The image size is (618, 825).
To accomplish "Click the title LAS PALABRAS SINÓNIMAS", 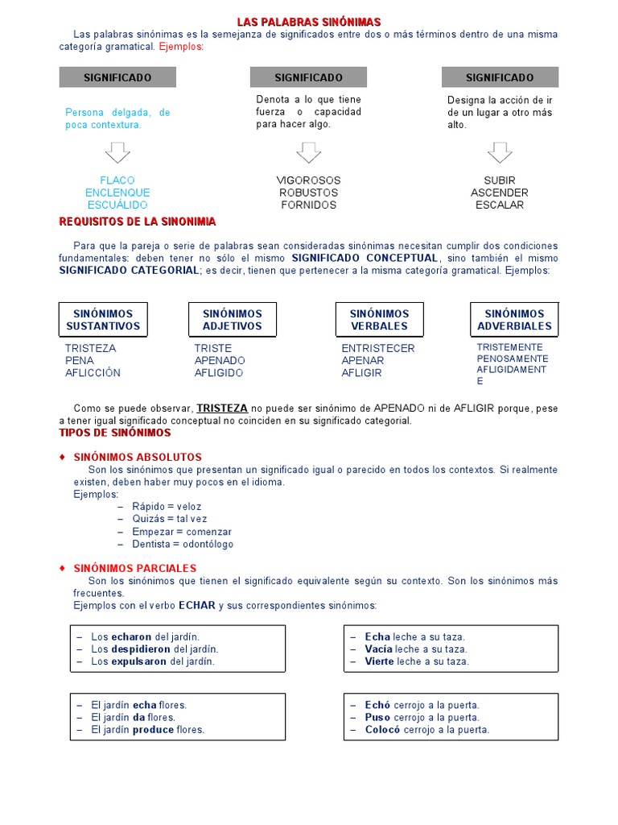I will [x=309, y=22].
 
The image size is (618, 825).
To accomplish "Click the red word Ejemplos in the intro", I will [x=181, y=47].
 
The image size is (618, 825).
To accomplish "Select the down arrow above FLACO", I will [x=117, y=152].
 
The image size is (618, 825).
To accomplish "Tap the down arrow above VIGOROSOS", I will [x=308, y=152].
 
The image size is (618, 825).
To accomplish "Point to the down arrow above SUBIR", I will [x=500, y=152].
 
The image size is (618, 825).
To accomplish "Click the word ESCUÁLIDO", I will [x=117, y=205].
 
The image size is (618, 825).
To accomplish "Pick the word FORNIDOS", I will [x=308, y=205].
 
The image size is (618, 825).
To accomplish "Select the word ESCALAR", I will [x=500, y=205].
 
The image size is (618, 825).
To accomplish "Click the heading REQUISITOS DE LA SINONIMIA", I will [x=138, y=222].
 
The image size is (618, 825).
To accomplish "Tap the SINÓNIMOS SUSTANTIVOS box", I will [x=103, y=320].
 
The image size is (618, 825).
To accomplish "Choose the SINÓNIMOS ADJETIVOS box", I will [x=233, y=320].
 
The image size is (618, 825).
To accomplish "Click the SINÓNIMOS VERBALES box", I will [x=379, y=320].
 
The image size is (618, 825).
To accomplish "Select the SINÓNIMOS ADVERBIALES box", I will [x=514, y=320].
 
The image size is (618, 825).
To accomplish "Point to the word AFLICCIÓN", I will [x=93, y=373].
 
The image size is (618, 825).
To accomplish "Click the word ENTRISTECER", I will [x=378, y=349].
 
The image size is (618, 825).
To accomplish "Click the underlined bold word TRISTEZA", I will [x=222, y=408].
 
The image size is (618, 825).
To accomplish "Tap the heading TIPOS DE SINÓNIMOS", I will [x=115, y=433].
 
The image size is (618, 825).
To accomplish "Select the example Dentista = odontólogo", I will [x=183, y=545].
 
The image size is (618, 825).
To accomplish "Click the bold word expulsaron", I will [x=139, y=661].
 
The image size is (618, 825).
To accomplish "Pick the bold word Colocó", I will [x=377, y=730].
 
